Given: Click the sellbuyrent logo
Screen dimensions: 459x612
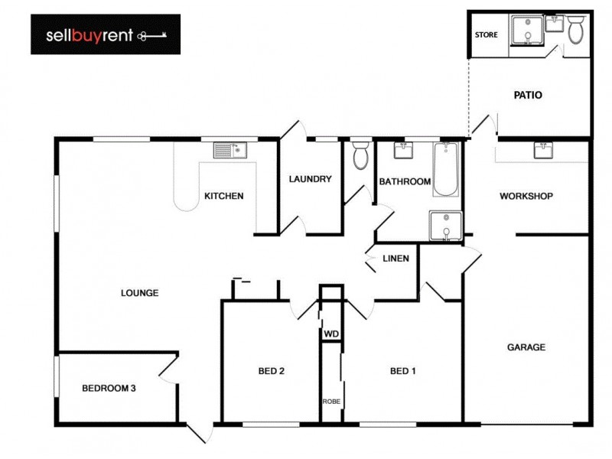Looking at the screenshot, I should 106,34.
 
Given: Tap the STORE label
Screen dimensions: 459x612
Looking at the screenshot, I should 487,35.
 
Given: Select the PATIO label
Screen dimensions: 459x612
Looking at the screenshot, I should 528,96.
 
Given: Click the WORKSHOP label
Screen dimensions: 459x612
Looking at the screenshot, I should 526,197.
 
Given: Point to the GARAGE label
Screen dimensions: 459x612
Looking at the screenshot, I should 526,347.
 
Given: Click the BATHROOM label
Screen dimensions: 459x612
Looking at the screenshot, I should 405,182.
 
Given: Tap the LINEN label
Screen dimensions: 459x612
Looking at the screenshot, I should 396,259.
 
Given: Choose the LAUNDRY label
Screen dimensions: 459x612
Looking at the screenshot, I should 310,180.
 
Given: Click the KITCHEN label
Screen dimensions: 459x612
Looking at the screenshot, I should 223,196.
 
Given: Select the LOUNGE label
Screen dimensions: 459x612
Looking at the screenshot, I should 139,293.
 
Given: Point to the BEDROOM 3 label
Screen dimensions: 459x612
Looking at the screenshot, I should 109,389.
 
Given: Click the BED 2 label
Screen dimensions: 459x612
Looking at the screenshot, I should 272,372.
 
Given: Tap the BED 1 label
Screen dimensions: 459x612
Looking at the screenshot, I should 403,372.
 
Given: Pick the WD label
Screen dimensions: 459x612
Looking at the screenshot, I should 331,334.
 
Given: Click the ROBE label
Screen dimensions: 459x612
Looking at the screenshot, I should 331,401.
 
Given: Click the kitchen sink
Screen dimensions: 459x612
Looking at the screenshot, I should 229,150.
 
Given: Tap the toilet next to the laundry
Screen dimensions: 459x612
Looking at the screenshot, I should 360,155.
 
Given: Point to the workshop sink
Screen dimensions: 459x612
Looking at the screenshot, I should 543,150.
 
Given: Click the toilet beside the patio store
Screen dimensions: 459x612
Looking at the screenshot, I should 576,29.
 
